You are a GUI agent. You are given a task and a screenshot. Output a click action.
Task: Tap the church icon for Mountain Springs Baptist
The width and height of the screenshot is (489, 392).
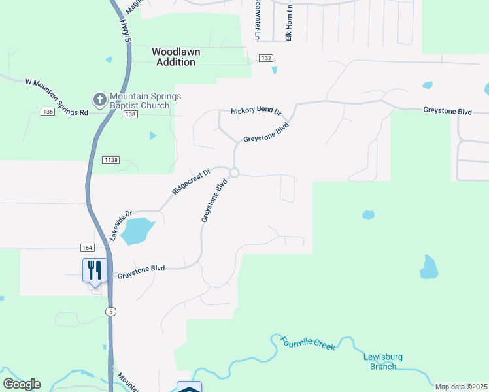99,101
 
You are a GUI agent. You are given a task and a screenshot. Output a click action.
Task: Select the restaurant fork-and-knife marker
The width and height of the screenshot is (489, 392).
95,270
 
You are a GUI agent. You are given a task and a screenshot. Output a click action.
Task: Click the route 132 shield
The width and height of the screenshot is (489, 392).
265,58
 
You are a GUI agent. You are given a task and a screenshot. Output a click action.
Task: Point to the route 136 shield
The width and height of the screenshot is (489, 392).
47,112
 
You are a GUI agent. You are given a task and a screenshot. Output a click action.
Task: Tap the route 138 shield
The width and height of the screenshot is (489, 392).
130,114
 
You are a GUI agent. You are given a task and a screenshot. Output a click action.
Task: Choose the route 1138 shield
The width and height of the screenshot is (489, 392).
110,159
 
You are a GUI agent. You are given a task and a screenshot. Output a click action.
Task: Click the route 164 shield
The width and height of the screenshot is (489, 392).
88,248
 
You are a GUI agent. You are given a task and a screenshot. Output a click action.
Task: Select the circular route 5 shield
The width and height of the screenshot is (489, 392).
111,312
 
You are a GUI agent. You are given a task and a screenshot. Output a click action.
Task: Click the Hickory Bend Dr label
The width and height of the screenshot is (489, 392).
255,112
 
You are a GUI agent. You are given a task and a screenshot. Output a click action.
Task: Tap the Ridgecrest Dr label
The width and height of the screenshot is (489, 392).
191,182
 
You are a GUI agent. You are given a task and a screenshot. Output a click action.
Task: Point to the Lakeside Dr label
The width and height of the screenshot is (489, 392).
121,225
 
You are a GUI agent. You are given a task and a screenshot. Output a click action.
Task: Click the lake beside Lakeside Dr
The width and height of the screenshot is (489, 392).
137,231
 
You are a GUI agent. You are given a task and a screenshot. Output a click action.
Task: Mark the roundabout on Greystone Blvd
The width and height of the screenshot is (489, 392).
234,172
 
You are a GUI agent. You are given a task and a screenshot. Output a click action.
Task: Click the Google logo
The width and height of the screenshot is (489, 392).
22,384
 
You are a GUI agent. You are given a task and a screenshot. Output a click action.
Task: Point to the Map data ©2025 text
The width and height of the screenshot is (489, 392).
461,387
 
